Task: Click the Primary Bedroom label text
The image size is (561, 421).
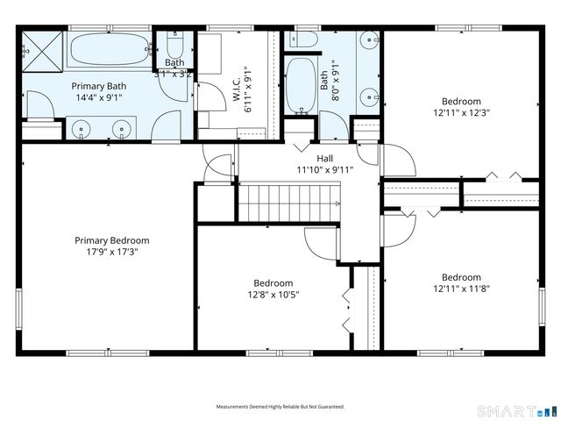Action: (111, 240)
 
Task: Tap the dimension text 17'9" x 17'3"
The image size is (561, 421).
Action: (111, 252)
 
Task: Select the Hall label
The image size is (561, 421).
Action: (324, 159)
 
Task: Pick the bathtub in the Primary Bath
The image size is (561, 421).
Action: (110, 51)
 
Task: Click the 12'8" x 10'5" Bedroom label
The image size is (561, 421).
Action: (273, 283)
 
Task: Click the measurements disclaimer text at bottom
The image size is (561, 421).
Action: (280, 407)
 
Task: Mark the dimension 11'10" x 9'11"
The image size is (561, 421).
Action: (324, 170)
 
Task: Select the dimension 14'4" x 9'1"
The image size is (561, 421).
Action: (98, 97)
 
